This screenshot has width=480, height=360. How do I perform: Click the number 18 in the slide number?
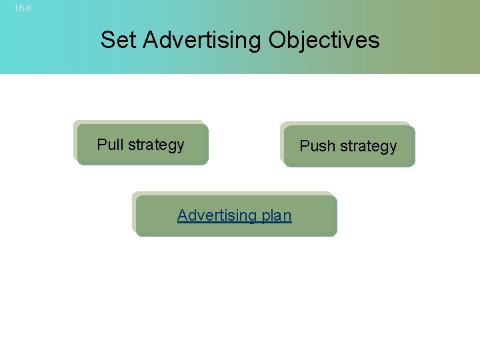click(x=18, y=9)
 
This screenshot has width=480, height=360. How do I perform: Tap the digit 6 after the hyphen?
click(x=29, y=9)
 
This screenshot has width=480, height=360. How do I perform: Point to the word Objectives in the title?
click(x=324, y=40)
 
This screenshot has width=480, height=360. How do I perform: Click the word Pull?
click(x=110, y=144)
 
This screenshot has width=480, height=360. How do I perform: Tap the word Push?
click(x=315, y=146)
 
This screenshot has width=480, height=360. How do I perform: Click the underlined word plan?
click(x=277, y=216)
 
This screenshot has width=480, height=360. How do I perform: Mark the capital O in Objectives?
click(x=278, y=40)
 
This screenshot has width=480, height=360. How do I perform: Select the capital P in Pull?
click(x=101, y=144)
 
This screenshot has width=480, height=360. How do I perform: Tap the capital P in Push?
click(x=304, y=146)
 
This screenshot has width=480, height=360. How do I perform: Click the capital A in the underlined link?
click(x=182, y=215)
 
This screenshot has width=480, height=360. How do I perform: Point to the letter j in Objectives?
click(x=306, y=41)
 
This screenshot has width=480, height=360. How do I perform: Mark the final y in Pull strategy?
click(x=180, y=146)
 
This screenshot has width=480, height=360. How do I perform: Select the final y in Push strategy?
click(x=393, y=148)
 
